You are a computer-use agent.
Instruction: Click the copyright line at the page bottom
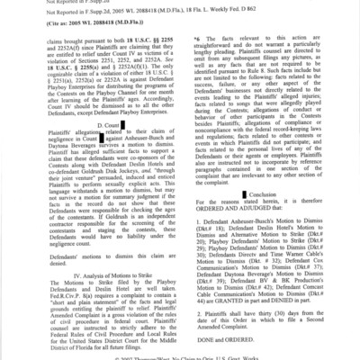tap(180, 356)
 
